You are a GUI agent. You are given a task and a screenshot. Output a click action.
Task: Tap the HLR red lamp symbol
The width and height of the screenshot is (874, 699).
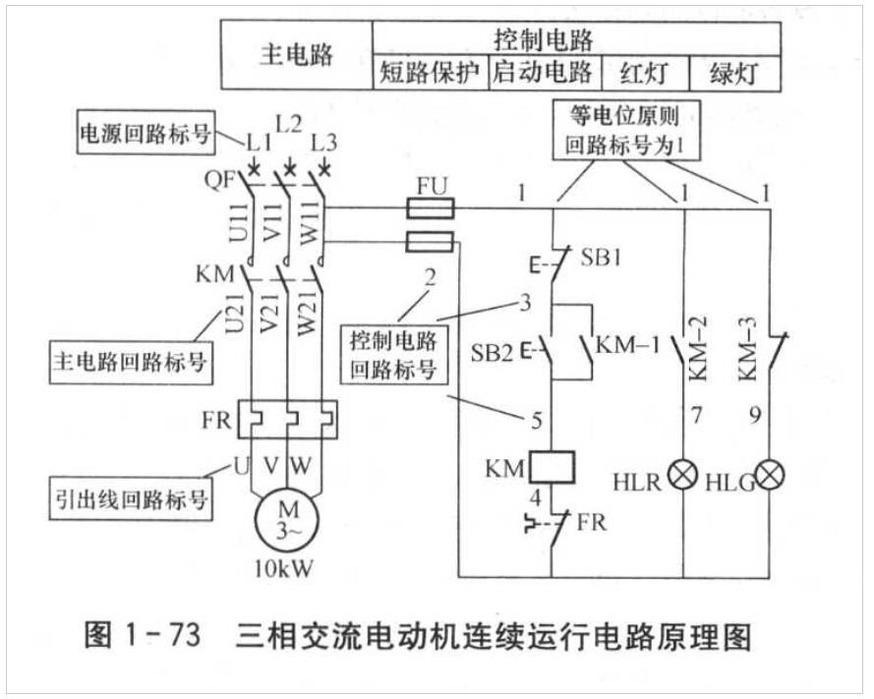coord(681,477)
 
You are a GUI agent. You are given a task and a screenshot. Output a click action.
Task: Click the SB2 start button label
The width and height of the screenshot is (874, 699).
coord(491,351)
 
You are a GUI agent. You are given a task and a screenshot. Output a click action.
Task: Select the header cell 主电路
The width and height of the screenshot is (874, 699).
coord(296,55)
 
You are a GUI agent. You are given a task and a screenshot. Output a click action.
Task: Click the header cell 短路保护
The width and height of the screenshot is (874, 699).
coord(431,73)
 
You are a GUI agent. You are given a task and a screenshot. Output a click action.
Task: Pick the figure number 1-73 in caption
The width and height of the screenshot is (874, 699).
coord(161,636)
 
